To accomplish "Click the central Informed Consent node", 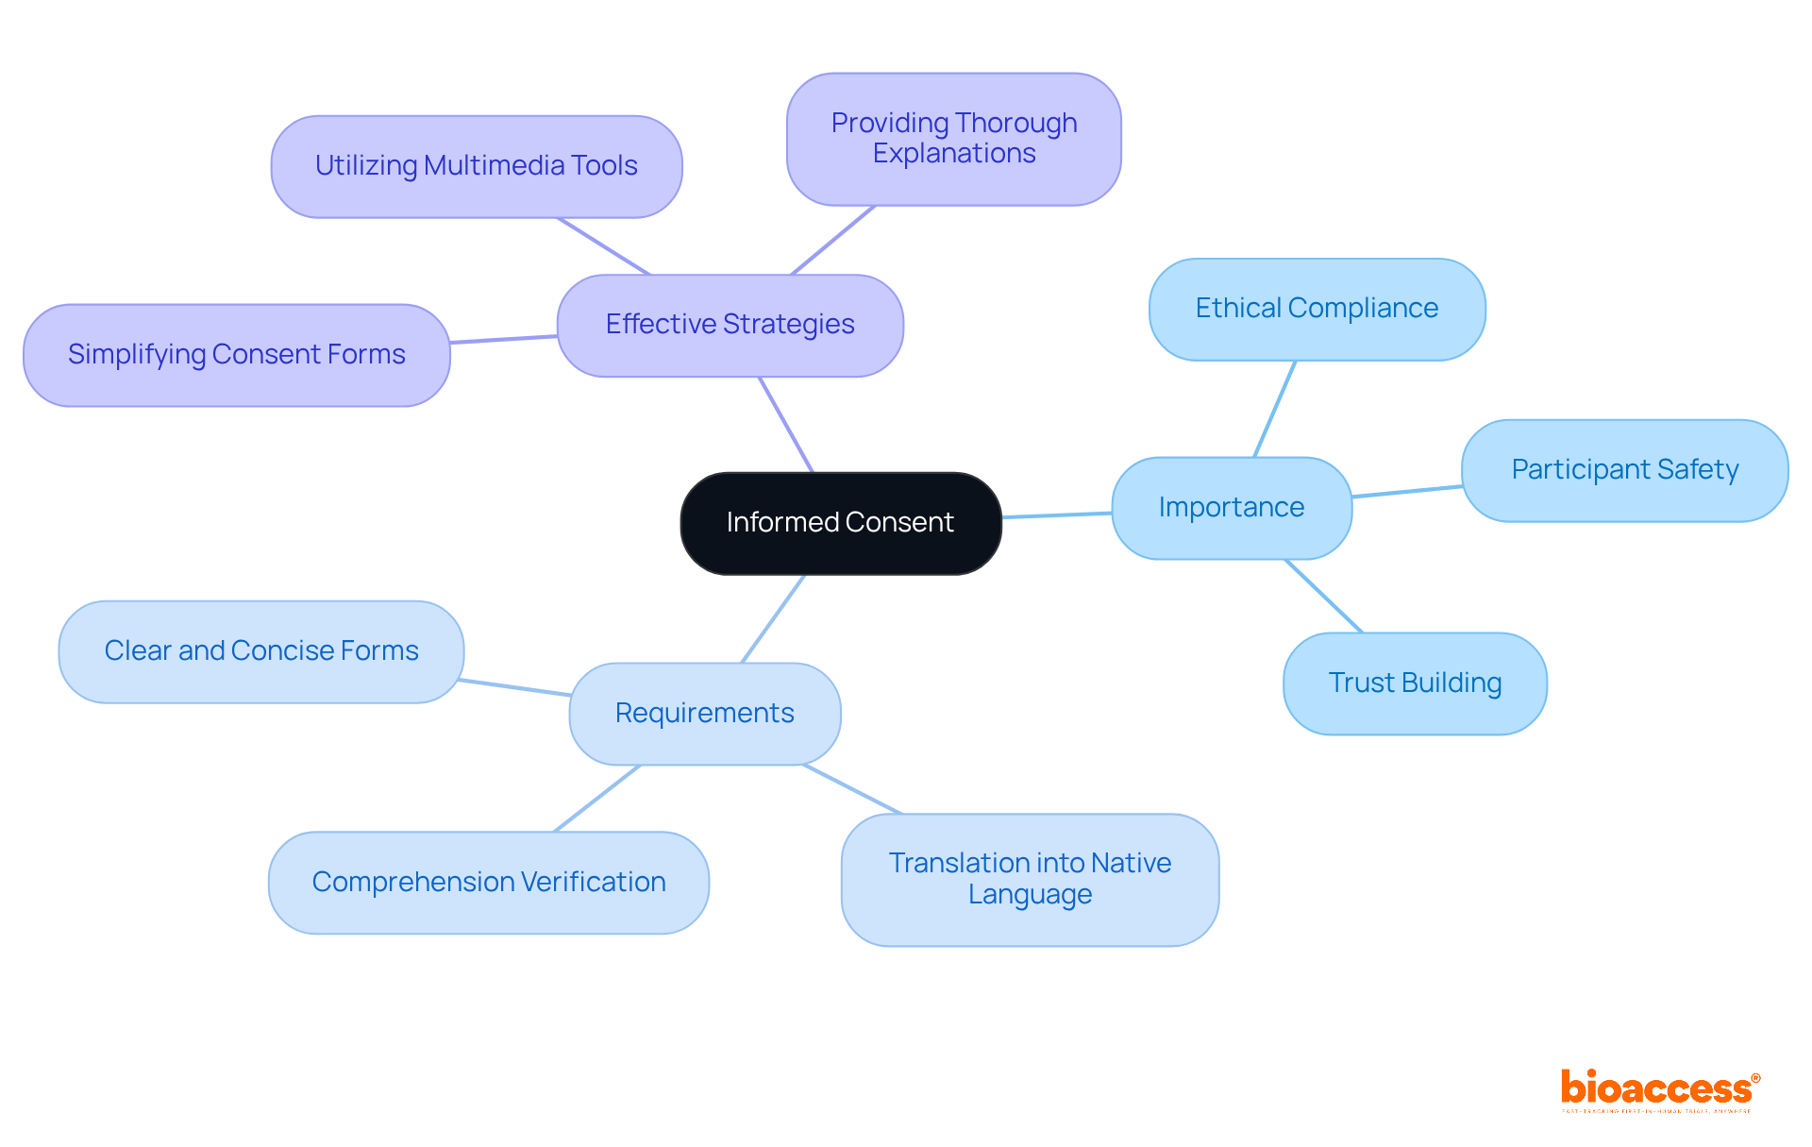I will tap(840, 523).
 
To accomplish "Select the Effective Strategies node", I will tap(730, 325).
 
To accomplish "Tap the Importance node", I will tap(1231, 508).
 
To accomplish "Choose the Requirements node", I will tap(704, 714).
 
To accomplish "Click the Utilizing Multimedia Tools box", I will tap(476, 166).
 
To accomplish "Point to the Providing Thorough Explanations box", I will tap(953, 139).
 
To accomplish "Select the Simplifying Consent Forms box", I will tap(236, 355).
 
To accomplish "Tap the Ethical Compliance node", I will tap(1317, 309).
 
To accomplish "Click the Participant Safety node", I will tap(1624, 470).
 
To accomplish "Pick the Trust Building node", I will tap(1415, 683).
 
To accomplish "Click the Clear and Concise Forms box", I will tap(260, 651).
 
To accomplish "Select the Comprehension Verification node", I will tap(488, 883).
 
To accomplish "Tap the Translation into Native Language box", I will tap(1030, 879).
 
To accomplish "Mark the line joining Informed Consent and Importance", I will tap(1057, 515).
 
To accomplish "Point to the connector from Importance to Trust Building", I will tap(1324, 597).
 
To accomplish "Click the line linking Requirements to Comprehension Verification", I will tap(597, 799).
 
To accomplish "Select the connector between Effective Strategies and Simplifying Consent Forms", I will tap(503, 339).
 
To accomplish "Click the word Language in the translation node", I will tap(1030, 895).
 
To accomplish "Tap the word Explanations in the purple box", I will tap(953, 154).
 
